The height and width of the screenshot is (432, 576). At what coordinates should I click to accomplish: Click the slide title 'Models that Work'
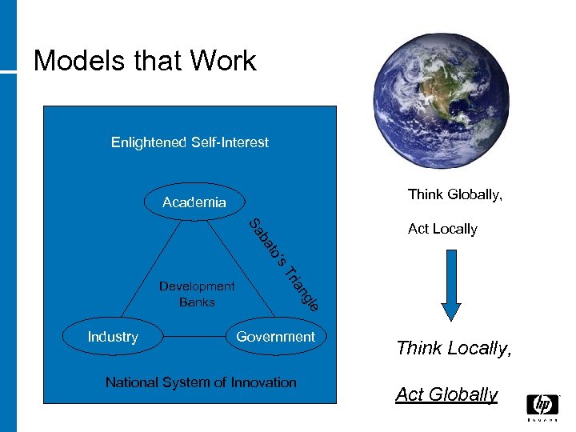pyautogui.click(x=145, y=61)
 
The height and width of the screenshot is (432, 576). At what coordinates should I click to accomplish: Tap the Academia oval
pyautogui.click(x=194, y=202)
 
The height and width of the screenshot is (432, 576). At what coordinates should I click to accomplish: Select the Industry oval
pyautogui.click(x=113, y=337)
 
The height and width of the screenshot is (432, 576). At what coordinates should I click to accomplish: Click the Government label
pyautogui.click(x=275, y=337)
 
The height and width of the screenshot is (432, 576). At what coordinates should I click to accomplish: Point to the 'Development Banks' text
pyautogui.click(x=197, y=294)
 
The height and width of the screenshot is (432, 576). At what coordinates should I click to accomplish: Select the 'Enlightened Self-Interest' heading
pyautogui.click(x=190, y=142)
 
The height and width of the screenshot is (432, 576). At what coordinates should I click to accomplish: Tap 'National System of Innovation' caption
pyautogui.click(x=201, y=382)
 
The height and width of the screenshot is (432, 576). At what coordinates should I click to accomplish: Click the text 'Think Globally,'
pyautogui.click(x=455, y=194)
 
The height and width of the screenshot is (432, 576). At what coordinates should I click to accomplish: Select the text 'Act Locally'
pyautogui.click(x=442, y=229)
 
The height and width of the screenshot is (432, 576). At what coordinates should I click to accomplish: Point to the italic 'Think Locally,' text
pyautogui.click(x=453, y=348)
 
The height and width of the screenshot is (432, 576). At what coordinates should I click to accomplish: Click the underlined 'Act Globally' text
pyautogui.click(x=446, y=394)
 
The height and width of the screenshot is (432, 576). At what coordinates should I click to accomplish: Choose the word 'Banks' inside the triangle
pyautogui.click(x=197, y=302)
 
